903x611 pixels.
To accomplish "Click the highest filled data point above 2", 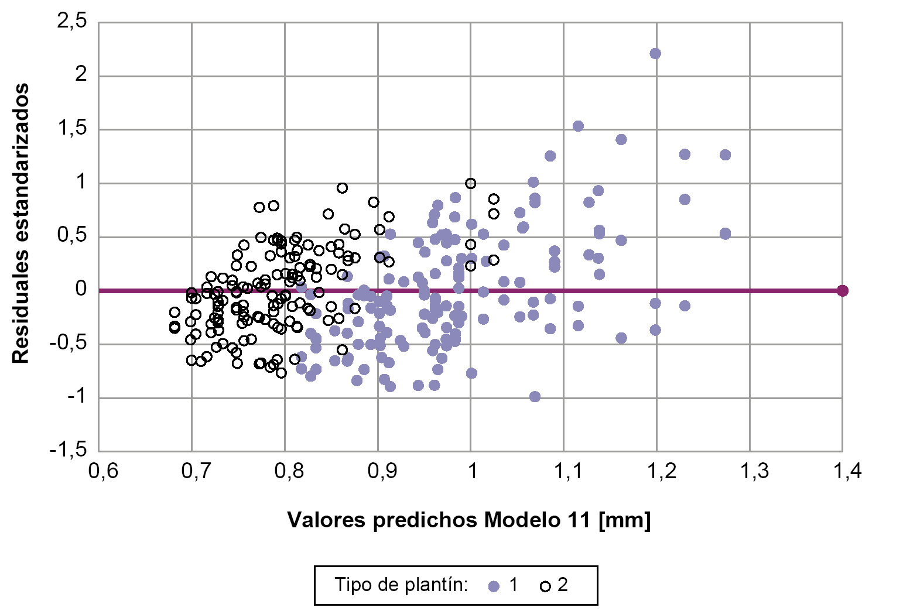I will (655, 54).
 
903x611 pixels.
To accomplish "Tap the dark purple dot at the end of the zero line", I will (842, 291).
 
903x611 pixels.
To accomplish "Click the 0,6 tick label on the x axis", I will (104, 472).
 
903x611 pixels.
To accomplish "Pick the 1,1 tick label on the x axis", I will (568, 472).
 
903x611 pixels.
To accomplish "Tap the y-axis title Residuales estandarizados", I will (21, 223).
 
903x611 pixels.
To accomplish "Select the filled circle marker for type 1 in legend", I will (494, 586).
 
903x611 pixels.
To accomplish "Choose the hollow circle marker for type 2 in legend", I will (545, 586).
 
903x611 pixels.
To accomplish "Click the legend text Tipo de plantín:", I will (401, 585).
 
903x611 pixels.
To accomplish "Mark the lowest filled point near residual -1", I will (535, 397).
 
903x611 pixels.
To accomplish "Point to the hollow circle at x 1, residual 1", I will (470, 183).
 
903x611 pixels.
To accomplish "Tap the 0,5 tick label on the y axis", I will (72, 236).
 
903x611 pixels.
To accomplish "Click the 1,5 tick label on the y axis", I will (72, 129).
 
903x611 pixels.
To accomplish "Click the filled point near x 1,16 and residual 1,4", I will (621, 139).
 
